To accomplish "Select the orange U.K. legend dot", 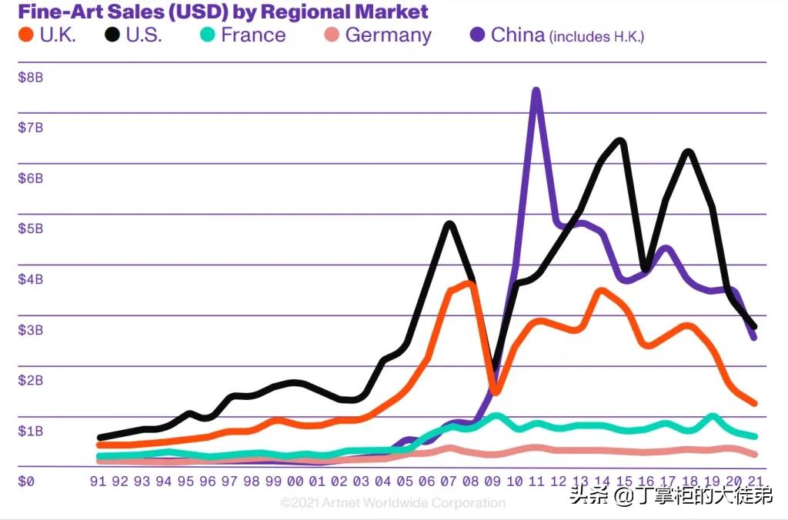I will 26,35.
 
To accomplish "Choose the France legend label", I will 252,35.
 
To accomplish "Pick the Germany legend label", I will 388,35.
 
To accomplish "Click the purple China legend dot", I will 477,35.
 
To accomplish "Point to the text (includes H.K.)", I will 596,37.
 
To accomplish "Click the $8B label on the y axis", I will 31,77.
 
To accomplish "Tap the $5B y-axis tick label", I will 31,228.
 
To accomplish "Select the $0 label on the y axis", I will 26,482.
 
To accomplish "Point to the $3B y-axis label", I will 31,330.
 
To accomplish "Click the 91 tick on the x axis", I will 98,482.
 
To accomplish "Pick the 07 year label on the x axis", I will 448,482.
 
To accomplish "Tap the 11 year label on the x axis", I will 536,482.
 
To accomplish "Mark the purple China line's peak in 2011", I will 536,92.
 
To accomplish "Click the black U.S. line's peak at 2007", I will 449,225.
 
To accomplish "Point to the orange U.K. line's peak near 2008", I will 468,284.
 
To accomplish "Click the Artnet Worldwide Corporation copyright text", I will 392,503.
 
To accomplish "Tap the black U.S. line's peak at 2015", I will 620,141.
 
